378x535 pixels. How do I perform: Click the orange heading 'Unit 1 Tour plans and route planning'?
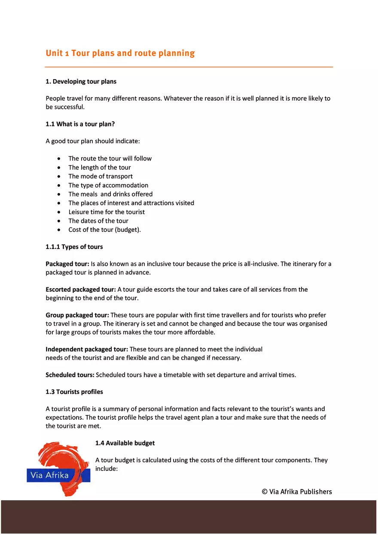click(x=120, y=53)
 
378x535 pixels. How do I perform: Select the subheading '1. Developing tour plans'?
click(x=81, y=81)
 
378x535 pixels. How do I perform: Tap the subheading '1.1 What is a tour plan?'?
click(x=80, y=124)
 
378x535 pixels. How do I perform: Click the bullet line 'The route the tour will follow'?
click(x=110, y=158)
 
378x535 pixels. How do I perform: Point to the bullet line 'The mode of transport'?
click(x=101, y=176)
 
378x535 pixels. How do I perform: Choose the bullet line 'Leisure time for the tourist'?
click(x=107, y=212)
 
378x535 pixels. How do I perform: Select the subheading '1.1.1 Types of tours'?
click(x=74, y=247)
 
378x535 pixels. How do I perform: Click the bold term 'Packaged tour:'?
click(x=67, y=264)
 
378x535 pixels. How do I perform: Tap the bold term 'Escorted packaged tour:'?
click(x=81, y=289)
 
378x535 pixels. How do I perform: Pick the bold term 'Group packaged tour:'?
click(x=77, y=315)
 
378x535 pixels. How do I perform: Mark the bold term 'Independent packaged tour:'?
click(x=87, y=349)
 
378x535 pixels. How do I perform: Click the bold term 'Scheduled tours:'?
click(x=70, y=375)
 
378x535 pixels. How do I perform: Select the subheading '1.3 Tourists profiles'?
click(x=74, y=392)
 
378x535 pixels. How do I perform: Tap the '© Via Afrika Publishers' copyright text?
click(x=297, y=492)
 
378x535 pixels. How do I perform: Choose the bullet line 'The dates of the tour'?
click(x=98, y=221)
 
